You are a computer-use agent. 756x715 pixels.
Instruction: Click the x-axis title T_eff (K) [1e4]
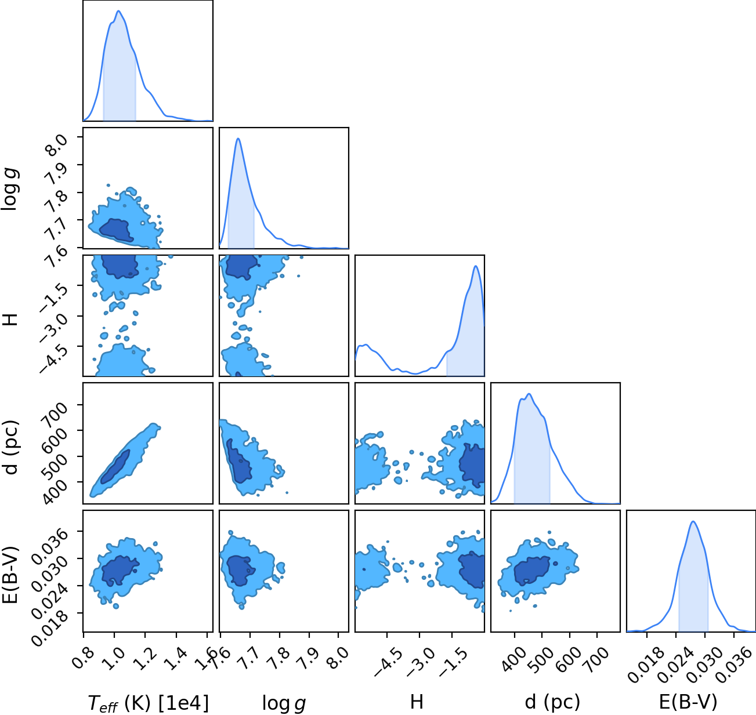149,703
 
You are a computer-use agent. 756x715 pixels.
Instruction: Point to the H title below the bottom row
417,702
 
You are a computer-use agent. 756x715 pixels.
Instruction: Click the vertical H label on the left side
10,320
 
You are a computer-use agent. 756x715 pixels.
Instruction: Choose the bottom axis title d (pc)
552,702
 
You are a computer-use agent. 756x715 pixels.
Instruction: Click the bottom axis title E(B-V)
688,702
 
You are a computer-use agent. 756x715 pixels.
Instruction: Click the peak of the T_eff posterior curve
118,11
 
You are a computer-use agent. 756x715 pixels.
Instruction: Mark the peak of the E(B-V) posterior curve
693,522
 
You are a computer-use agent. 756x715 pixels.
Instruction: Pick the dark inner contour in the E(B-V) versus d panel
533,571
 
